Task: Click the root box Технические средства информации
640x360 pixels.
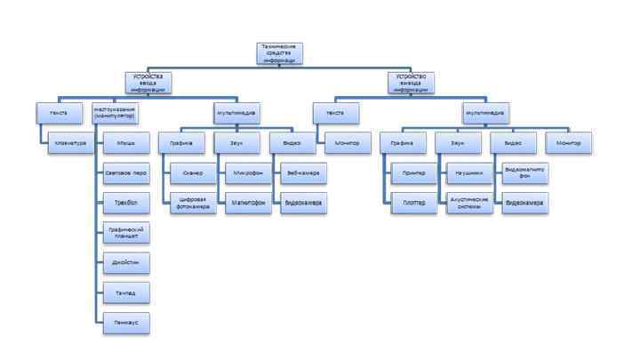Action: pos(280,53)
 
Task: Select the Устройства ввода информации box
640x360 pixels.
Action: pos(147,83)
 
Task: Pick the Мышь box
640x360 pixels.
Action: pos(125,142)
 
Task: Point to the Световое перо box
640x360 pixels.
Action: pos(125,172)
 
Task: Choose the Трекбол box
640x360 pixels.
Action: pos(125,202)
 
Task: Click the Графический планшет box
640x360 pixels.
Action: pos(125,233)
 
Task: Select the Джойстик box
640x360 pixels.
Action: pos(125,263)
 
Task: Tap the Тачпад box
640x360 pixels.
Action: pos(125,292)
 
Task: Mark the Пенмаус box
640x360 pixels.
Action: pos(125,323)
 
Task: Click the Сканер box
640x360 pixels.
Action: pos(194,172)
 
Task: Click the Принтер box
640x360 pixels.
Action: pos(413,172)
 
